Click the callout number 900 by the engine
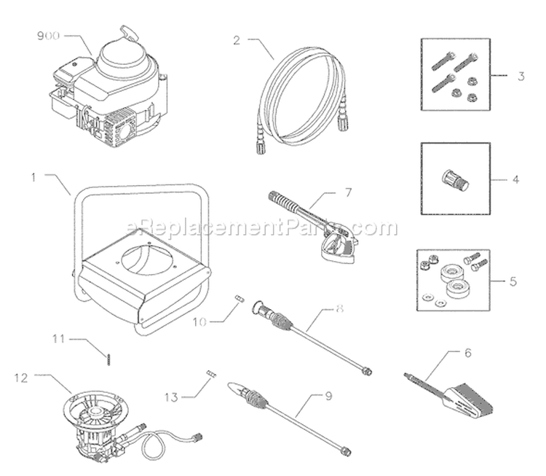(48, 36)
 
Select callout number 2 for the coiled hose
(237, 40)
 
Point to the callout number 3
(521, 76)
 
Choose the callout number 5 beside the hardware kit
(513, 281)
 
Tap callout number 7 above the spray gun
(348, 192)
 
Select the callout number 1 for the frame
(33, 177)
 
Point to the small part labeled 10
(240, 299)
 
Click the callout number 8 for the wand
(339, 308)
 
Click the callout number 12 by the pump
(21, 378)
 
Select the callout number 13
(171, 397)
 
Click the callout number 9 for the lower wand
(328, 396)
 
